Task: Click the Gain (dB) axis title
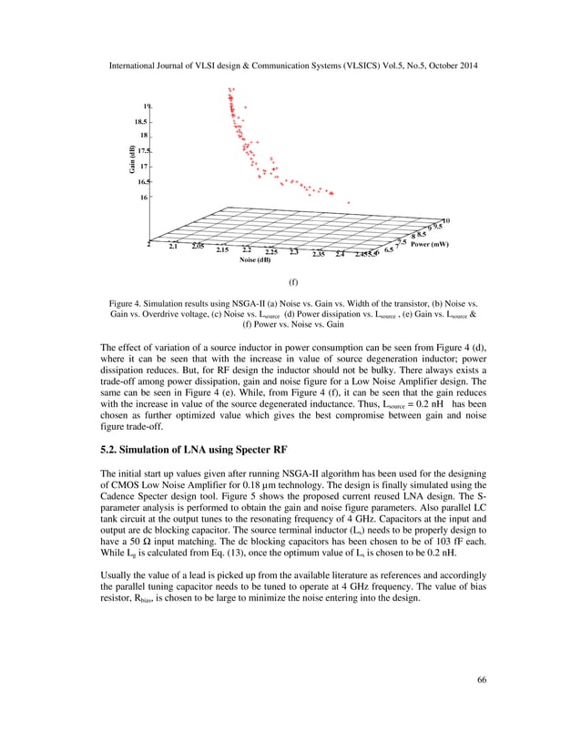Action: pyautogui.click(x=131, y=158)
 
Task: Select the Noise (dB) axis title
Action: pyautogui.click(x=255, y=260)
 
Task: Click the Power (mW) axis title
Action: pyautogui.click(x=429, y=244)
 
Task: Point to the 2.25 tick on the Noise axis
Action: pyautogui.click(x=271, y=251)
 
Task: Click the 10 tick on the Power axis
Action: pyautogui.click(x=446, y=220)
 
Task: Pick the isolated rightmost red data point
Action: pyautogui.click(x=348, y=202)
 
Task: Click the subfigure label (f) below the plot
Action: pyautogui.click(x=293, y=283)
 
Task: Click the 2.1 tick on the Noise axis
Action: pyautogui.click(x=174, y=245)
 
